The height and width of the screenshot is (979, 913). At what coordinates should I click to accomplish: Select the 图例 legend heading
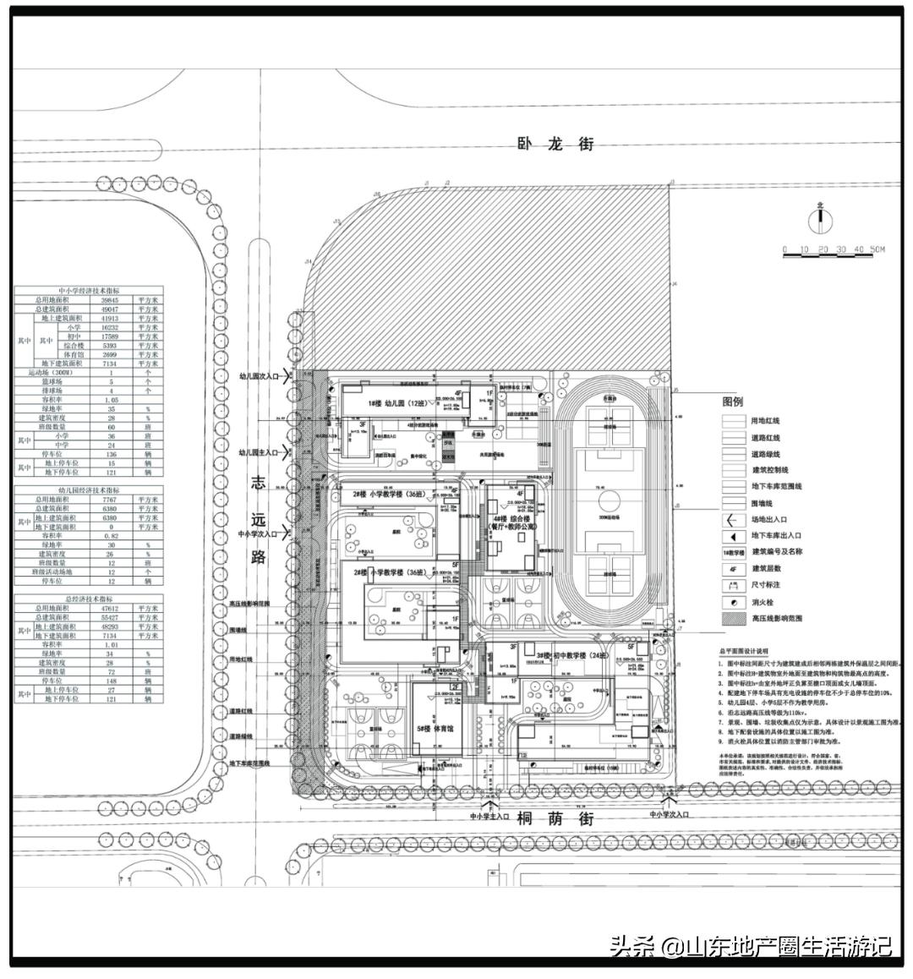point(732,402)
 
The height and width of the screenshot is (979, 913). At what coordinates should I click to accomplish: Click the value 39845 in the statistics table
point(118,300)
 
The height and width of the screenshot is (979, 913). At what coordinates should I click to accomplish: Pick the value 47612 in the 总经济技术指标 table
point(118,608)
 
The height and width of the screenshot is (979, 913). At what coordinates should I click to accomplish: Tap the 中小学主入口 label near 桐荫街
point(489,818)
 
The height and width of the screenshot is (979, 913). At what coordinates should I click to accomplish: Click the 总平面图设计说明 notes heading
point(743,653)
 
